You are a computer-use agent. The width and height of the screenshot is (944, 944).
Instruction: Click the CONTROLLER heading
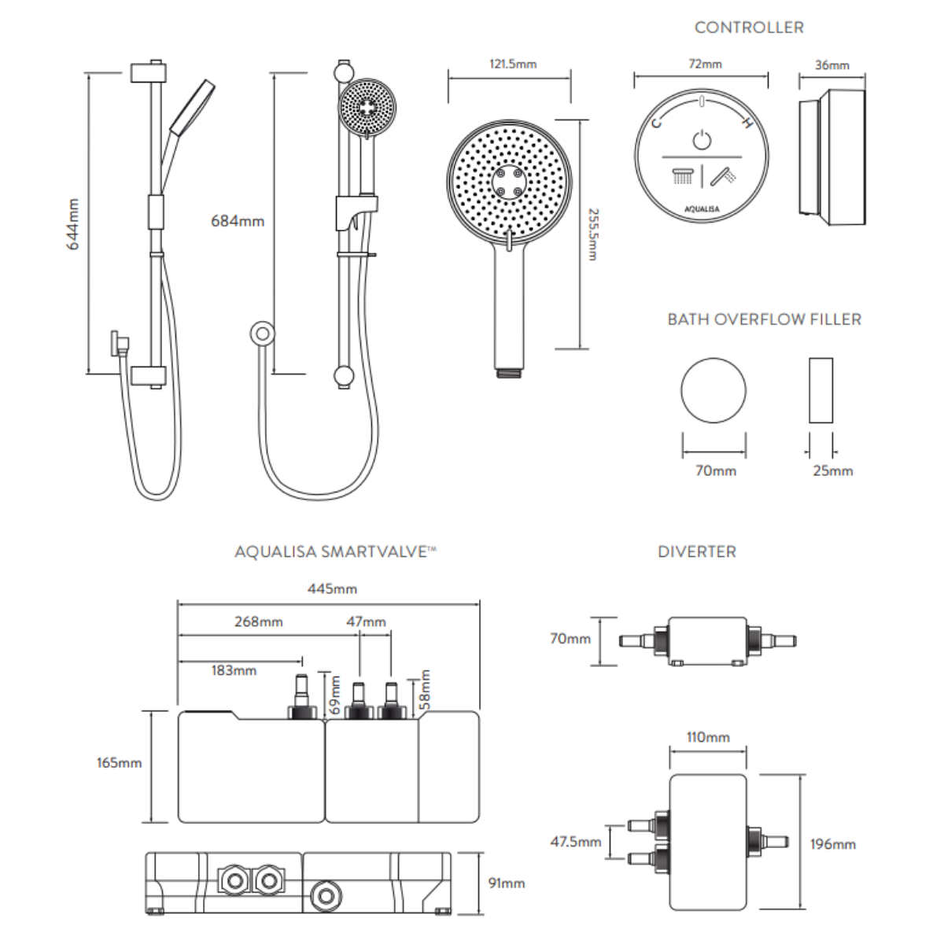748,28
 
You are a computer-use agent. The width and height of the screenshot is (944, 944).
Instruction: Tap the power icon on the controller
702,141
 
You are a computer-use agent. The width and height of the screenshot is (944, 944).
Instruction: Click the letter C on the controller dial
657,122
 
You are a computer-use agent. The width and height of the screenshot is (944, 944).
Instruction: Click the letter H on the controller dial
747,123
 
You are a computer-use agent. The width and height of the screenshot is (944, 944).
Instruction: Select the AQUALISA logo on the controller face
702,209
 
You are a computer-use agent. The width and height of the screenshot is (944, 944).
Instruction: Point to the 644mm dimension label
73,224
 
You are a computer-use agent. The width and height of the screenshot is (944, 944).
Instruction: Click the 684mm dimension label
237,221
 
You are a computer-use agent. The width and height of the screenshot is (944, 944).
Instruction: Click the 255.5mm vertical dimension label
594,234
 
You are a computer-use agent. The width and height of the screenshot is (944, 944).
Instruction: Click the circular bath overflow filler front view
714,391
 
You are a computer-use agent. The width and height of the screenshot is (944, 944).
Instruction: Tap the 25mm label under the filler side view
832,470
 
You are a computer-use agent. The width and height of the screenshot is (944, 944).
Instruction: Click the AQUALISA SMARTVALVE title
334,551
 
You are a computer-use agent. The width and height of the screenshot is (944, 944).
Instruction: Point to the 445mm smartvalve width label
332,588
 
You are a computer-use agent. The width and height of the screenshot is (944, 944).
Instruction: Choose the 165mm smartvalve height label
119,762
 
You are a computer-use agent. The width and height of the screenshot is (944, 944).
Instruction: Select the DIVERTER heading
697,551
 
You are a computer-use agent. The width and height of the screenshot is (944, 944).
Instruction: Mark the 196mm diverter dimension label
832,844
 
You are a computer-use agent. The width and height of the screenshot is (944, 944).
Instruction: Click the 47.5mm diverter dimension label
575,842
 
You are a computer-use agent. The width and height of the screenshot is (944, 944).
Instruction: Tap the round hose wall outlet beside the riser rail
262,334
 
